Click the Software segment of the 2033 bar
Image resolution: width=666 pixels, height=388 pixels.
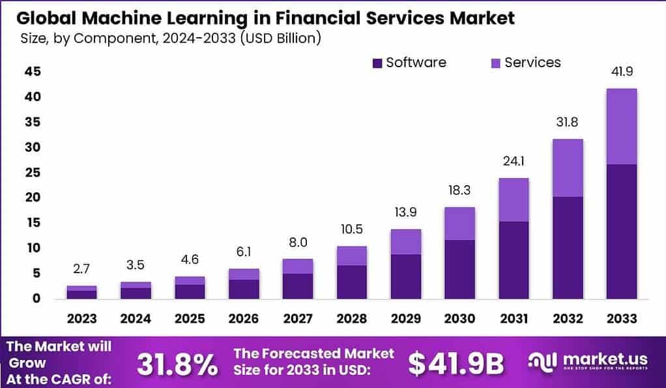tap(621, 231)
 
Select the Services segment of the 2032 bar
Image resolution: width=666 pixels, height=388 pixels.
tap(567, 168)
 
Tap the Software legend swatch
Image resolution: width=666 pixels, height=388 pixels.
tap(377, 63)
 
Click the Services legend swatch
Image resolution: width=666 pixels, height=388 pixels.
tap(495, 63)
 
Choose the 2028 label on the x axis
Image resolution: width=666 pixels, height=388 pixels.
tap(352, 319)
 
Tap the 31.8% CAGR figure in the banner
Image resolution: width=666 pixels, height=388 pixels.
tap(177, 365)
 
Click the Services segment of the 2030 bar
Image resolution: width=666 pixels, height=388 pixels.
tap(459, 224)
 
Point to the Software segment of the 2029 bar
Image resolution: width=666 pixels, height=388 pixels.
tap(405, 276)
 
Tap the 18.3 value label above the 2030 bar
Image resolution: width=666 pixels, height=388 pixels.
tap(459, 191)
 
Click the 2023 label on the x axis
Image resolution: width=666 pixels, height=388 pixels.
tap(81, 319)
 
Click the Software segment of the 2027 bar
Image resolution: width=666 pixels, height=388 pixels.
tap(297, 286)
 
